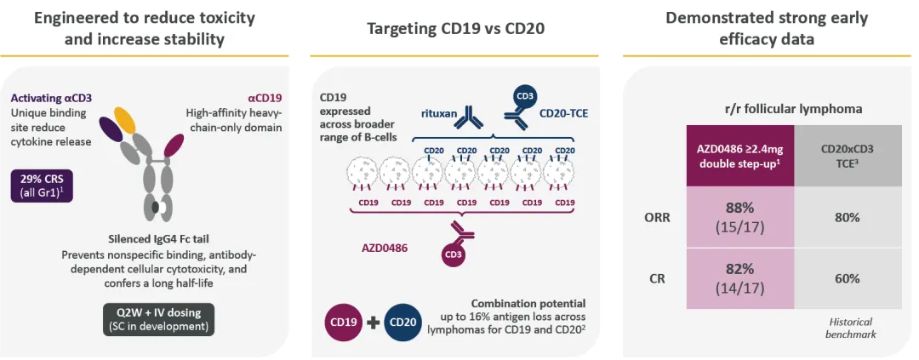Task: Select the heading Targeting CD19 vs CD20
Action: click(455, 28)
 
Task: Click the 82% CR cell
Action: click(740, 278)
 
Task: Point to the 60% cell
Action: click(847, 278)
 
